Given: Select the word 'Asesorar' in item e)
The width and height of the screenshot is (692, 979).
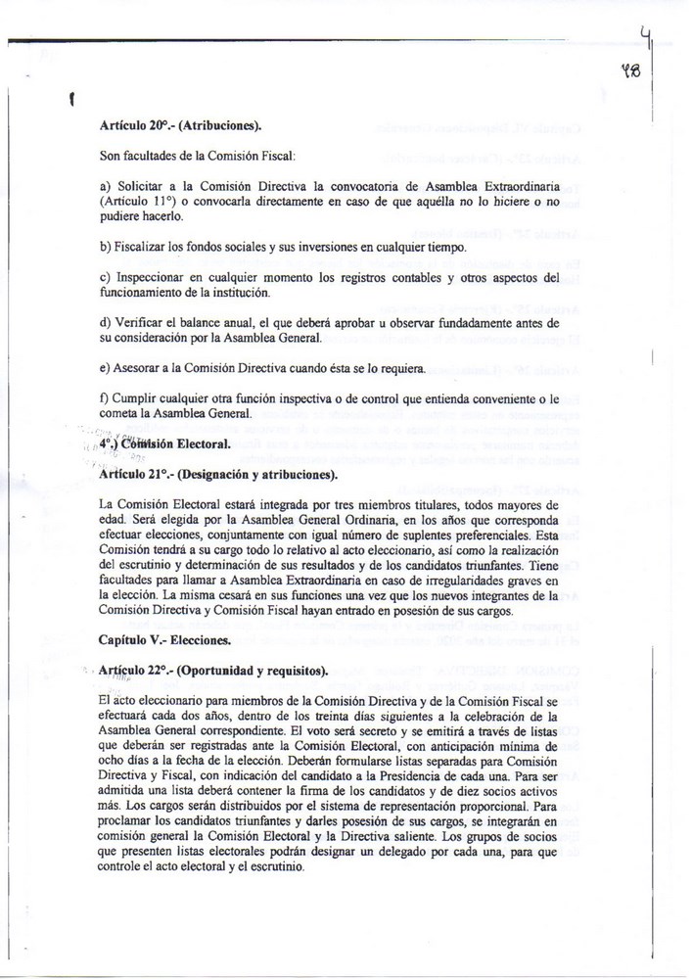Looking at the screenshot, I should [139, 369].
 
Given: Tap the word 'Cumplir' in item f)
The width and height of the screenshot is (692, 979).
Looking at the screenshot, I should [136, 398].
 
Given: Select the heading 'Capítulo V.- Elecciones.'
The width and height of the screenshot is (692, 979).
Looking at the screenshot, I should [164, 641].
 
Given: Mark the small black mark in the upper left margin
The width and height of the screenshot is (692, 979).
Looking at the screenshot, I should [74, 98].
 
